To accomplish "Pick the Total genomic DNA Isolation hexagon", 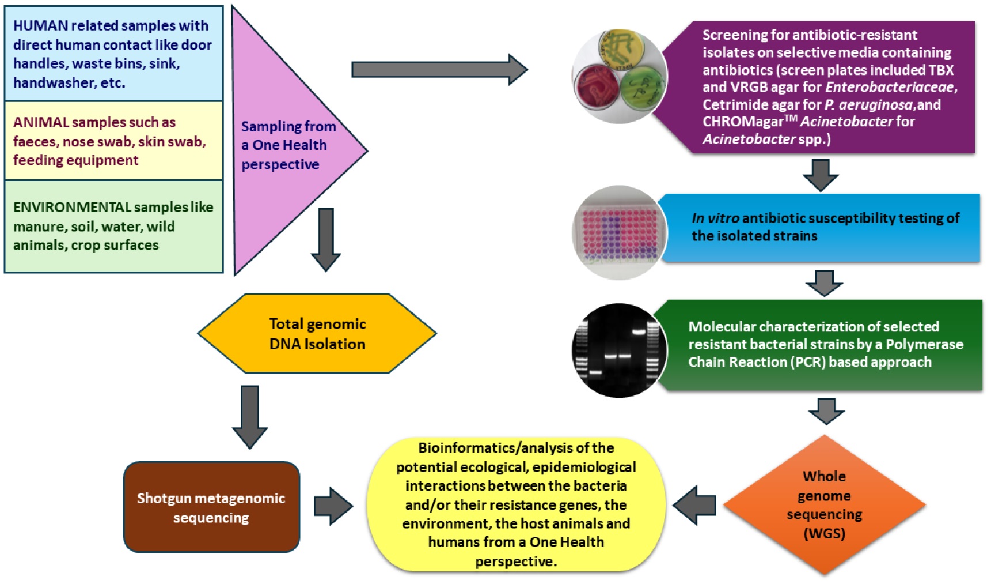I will click(317, 334).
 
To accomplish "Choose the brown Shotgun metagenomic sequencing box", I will click(211, 507).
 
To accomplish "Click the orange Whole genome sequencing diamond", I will click(824, 505).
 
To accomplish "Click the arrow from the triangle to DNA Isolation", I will click(326, 239).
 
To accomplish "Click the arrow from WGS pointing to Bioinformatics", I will click(694, 506).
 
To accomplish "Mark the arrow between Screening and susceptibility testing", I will click(821, 175).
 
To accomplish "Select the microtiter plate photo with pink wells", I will click(620, 233).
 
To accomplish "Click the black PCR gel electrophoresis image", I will click(619, 350).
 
